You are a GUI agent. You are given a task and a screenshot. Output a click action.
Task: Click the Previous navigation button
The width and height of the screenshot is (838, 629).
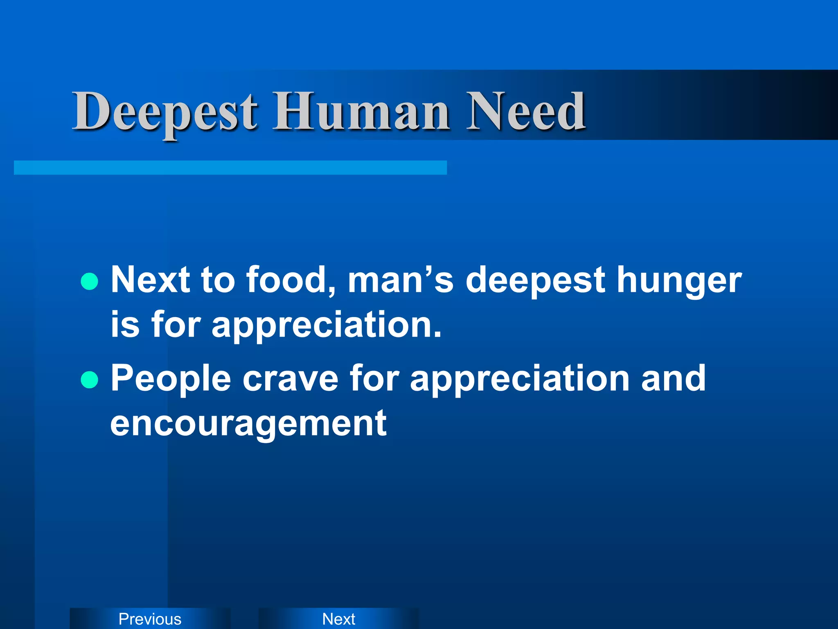150,619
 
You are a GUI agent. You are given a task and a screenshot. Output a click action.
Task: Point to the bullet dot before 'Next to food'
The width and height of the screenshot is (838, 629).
90,282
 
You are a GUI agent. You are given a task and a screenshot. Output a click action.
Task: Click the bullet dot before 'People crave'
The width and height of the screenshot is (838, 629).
90,380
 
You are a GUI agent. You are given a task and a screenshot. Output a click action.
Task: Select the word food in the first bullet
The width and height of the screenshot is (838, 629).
291,280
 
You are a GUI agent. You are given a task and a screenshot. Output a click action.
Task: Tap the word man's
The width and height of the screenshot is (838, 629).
401,280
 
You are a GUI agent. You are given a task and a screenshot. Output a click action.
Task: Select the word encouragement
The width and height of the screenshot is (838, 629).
248,424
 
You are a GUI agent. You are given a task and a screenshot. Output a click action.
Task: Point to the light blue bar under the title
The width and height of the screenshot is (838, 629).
230,167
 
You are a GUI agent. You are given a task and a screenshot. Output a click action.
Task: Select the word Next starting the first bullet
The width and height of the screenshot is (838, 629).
150,280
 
